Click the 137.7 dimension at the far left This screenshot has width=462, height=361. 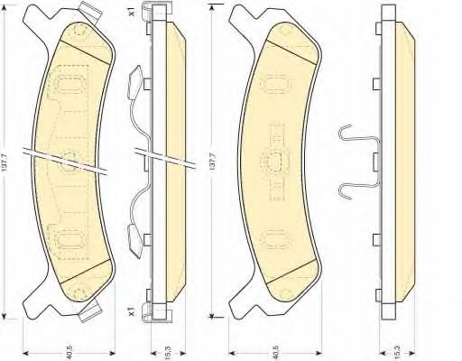click(6, 166)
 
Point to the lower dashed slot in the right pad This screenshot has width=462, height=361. click(273, 239)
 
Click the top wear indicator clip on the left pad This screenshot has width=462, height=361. click(91, 13)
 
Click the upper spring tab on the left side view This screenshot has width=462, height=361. click(137, 82)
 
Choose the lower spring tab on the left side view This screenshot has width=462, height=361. click(137, 241)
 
